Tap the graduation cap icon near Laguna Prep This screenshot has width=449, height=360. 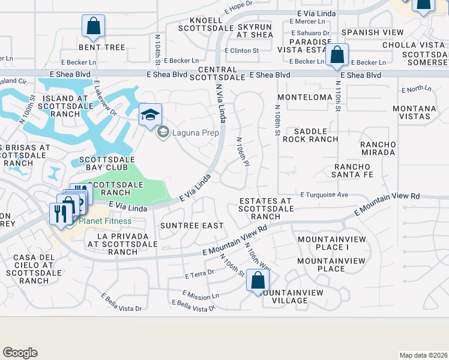point(150,114)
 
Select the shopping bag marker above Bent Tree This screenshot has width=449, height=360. point(93,26)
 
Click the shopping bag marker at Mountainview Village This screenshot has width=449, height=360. point(258,280)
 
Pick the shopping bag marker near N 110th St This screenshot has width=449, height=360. point(337,55)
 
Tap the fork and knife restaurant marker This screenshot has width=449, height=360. point(60,213)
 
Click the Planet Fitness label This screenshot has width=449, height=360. point(105,221)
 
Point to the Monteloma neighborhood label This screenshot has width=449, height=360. point(305,97)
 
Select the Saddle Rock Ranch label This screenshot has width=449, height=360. point(311,135)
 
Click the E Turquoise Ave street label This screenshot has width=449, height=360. point(324,195)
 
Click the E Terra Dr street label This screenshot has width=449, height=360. point(200,275)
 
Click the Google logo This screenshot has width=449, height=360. point(20,353)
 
